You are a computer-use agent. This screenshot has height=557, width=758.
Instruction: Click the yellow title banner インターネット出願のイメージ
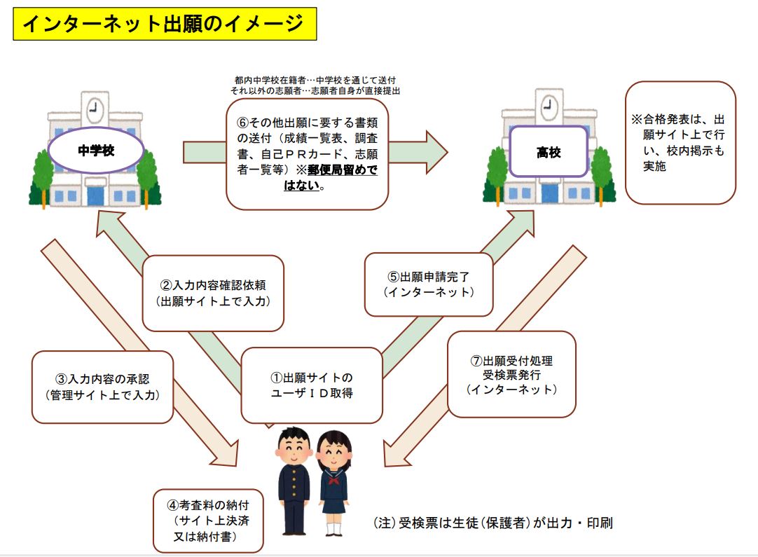[165, 24]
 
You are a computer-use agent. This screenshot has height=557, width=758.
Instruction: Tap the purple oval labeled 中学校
[96, 151]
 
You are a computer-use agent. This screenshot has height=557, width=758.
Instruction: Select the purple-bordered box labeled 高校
[549, 152]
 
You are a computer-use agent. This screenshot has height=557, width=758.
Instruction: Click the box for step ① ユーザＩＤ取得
[312, 385]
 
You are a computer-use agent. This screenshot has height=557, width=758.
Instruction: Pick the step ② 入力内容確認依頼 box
[213, 293]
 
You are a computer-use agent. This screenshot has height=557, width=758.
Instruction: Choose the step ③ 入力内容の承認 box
[102, 387]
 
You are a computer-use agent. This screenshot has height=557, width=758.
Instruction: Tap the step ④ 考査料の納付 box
[208, 521]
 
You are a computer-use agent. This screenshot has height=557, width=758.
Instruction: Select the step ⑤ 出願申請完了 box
[429, 284]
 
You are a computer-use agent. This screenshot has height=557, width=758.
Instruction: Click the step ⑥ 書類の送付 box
[308, 154]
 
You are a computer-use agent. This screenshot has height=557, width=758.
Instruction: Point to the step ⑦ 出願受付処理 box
[512, 374]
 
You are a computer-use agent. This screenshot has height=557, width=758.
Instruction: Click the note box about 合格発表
[681, 143]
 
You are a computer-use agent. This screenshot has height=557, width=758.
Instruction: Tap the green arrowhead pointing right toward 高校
[436, 152]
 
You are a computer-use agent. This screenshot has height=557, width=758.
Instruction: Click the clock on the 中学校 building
[95, 110]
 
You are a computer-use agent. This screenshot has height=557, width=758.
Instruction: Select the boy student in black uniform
[294, 481]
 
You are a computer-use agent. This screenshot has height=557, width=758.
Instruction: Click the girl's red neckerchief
[333, 479]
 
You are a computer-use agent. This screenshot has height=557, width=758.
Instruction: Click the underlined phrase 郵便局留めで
[343, 170]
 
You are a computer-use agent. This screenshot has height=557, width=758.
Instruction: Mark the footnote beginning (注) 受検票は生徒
[493, 523]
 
